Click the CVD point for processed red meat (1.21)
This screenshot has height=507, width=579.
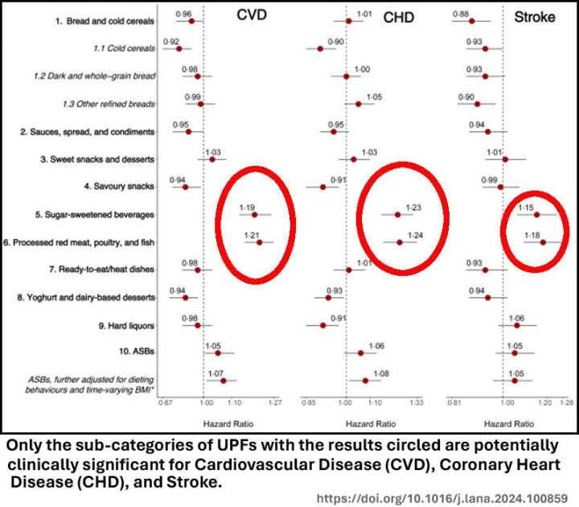259,241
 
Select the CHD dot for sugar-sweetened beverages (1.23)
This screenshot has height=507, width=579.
397,215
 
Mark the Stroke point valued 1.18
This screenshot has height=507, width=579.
543,242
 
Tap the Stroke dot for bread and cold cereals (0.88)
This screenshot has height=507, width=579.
472,21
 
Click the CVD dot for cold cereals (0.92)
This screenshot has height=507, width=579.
179,48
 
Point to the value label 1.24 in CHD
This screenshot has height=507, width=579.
415,234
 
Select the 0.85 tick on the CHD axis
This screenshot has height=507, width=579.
308,400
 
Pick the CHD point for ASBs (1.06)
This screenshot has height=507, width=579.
361,352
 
